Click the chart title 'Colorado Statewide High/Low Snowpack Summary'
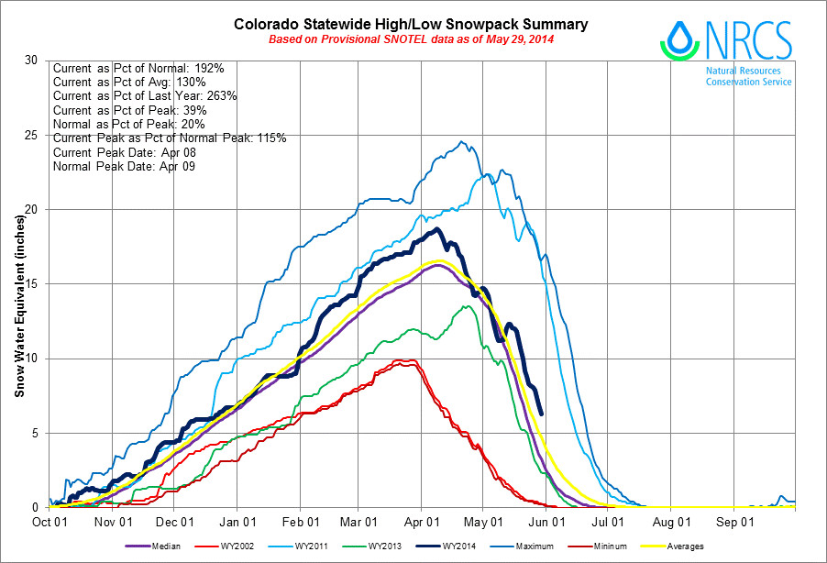coord(411,25)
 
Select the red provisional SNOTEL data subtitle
coord(411,39)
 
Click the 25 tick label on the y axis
coord(33,136)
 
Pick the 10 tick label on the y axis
coord(33,359)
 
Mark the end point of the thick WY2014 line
coord(542,414)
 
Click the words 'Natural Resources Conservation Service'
coord(748,76)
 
